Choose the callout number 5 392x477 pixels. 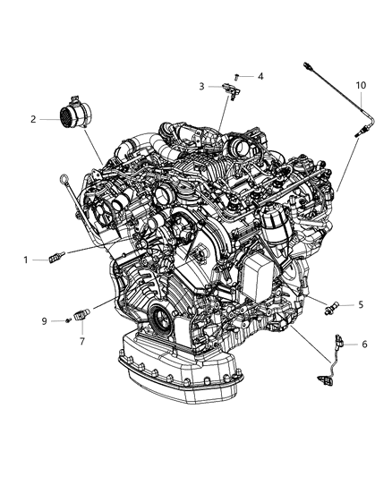click(x=361, y=304)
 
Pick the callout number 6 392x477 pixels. click(x=364, y=344)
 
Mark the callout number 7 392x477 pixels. click(x=81, y=340)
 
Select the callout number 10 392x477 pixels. click(x=361, y=85)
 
